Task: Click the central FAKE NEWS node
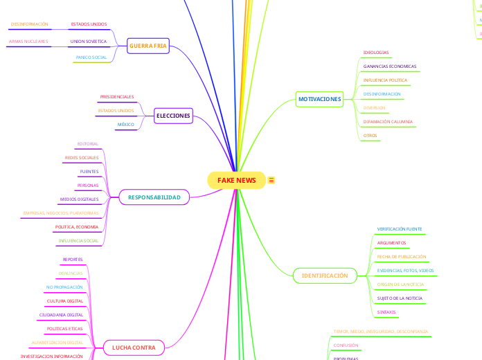click(236, 181)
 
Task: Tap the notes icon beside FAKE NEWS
click(271, 181)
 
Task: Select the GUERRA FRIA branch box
click(148, 46)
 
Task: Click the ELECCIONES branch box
click(173, 115)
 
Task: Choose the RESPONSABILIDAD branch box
click(154, 197)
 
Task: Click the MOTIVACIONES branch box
click(319, 99)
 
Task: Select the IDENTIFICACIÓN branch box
click(324, 276)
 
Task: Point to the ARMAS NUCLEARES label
click(28, 42)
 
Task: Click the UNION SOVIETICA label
click(89, 42)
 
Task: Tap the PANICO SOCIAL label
click(91, 57)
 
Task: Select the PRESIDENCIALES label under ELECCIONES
click(117, 97)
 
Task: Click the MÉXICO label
click(125, 125)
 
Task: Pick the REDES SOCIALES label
click(81, 158)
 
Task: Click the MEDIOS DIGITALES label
click(79, 199)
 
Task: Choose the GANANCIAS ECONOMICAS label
click(390, 66)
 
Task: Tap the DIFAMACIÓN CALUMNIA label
click(388, 122)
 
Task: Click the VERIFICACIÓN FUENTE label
click(400, 229)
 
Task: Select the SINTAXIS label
click(386, 312)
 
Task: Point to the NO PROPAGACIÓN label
click(64, 287)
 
